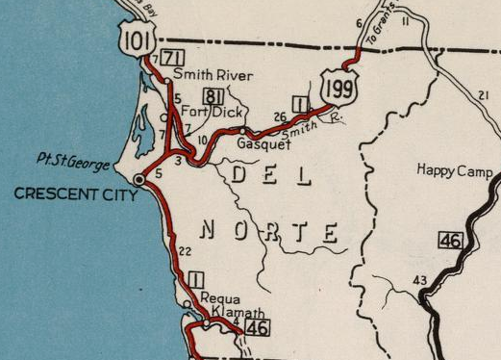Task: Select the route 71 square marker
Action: point(173,58)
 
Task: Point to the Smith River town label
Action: point(212,75)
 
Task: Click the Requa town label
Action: point(220,299)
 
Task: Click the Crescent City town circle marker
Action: point(139,179)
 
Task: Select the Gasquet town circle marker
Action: point(246,131)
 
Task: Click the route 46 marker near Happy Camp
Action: point(450,240)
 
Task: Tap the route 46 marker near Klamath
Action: point(256,329)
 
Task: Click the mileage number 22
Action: point(186,251)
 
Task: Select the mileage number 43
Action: point(419,280)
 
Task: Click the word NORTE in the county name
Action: point(271,232)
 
